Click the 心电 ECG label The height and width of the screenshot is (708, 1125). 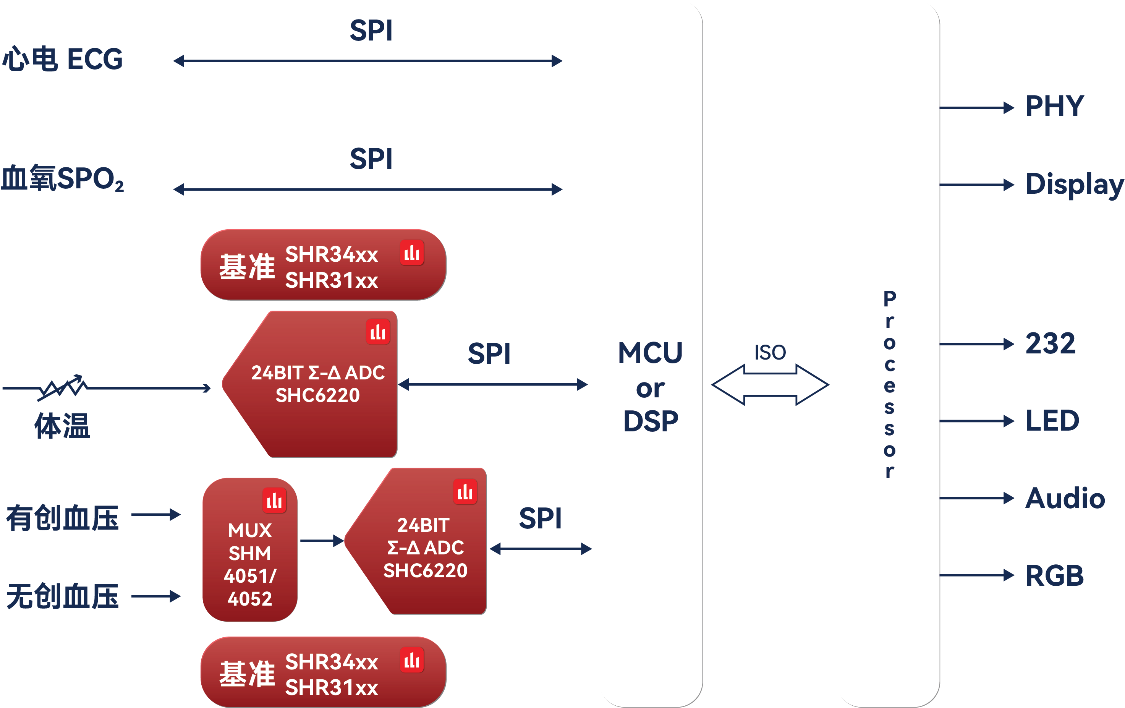[63, 59]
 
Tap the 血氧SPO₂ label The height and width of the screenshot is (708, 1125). [63, 178]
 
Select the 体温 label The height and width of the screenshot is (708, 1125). [62, 425]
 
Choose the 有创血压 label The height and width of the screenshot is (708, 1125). [63, 518]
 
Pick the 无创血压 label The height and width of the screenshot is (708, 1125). [63, 596]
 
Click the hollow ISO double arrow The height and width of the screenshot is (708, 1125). [770, 385]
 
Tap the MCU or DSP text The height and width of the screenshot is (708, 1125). [650, 387]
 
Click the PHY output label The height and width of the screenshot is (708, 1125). [1054, 106]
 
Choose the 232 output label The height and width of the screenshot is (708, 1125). [1050, 343]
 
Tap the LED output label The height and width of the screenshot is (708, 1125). [1052, 421]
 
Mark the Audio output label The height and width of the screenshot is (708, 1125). [1065, 498]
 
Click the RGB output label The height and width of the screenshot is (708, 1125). [1054, 575]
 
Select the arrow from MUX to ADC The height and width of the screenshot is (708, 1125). [321, 541]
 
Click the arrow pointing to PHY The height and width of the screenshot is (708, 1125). [976, 108]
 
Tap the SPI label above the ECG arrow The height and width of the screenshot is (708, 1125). [371, 31]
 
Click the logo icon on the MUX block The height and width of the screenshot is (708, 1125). [274, 501]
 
